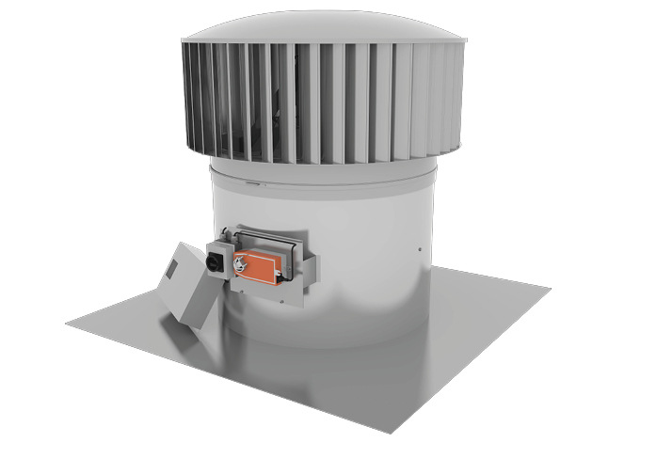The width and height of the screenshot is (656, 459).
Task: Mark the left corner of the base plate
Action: tap(69, 324)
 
